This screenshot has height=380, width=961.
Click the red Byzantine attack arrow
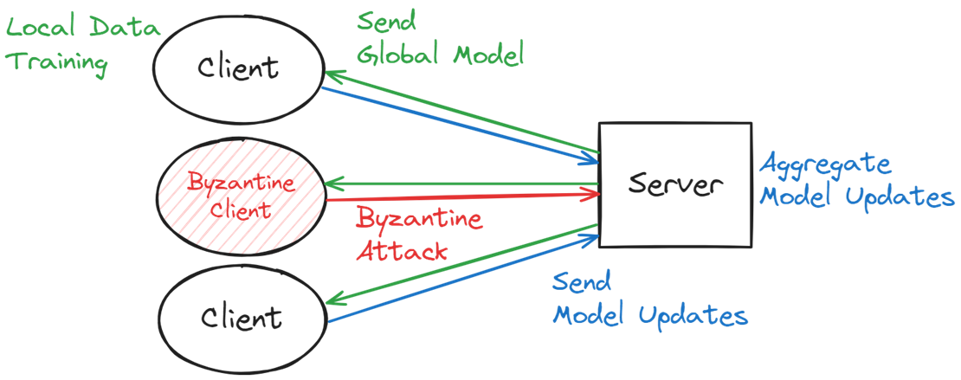pyautogui.click(x=462, y=196)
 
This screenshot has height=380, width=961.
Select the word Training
pyautogui.click(x=59, y=63)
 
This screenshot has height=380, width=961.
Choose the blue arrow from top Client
pyautogui.click(x=461, y=126)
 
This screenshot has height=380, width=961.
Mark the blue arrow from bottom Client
pyautogui.click(x=463, y=278)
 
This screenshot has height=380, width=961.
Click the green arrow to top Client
pyautogui.click(x=461, y=112)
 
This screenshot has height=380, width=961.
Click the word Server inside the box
pyautogui.click(x=674, y=184)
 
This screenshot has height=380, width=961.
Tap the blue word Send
pyautogui.click(x=582, y=282)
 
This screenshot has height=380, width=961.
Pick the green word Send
pyautogui.click(x=387, y=22)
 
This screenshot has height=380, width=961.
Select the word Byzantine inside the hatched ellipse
pyautogui.click(x=242, y=183)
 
